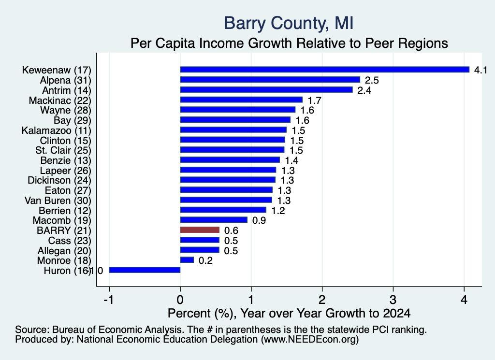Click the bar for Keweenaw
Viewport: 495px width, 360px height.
(325, 70)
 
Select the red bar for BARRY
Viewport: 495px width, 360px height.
(200, 230)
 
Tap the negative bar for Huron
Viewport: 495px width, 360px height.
(145, 270)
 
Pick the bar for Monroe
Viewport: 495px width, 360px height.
(187, 259)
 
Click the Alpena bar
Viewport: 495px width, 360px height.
(270, 80)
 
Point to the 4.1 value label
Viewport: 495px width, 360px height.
(480, 70)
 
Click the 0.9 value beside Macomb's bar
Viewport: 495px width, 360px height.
(259, 220)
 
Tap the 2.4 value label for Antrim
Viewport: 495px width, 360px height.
(364, 90)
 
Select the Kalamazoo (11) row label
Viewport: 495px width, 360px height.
(57, 130)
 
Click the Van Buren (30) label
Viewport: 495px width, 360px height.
(58, 201)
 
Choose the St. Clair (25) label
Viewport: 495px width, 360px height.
(63, 150)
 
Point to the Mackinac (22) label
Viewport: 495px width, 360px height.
(60, 101)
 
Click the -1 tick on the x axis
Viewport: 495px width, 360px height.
(109, 300)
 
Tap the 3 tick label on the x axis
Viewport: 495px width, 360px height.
(393, 300)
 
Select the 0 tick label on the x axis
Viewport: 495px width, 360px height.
(180, 300)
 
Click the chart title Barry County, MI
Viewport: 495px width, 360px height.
(289, 23)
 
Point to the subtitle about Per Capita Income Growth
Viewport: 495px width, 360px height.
(289, 43)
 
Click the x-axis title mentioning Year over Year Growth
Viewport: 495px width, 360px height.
(289, 313)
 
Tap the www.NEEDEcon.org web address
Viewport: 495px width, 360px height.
(310, 340)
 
